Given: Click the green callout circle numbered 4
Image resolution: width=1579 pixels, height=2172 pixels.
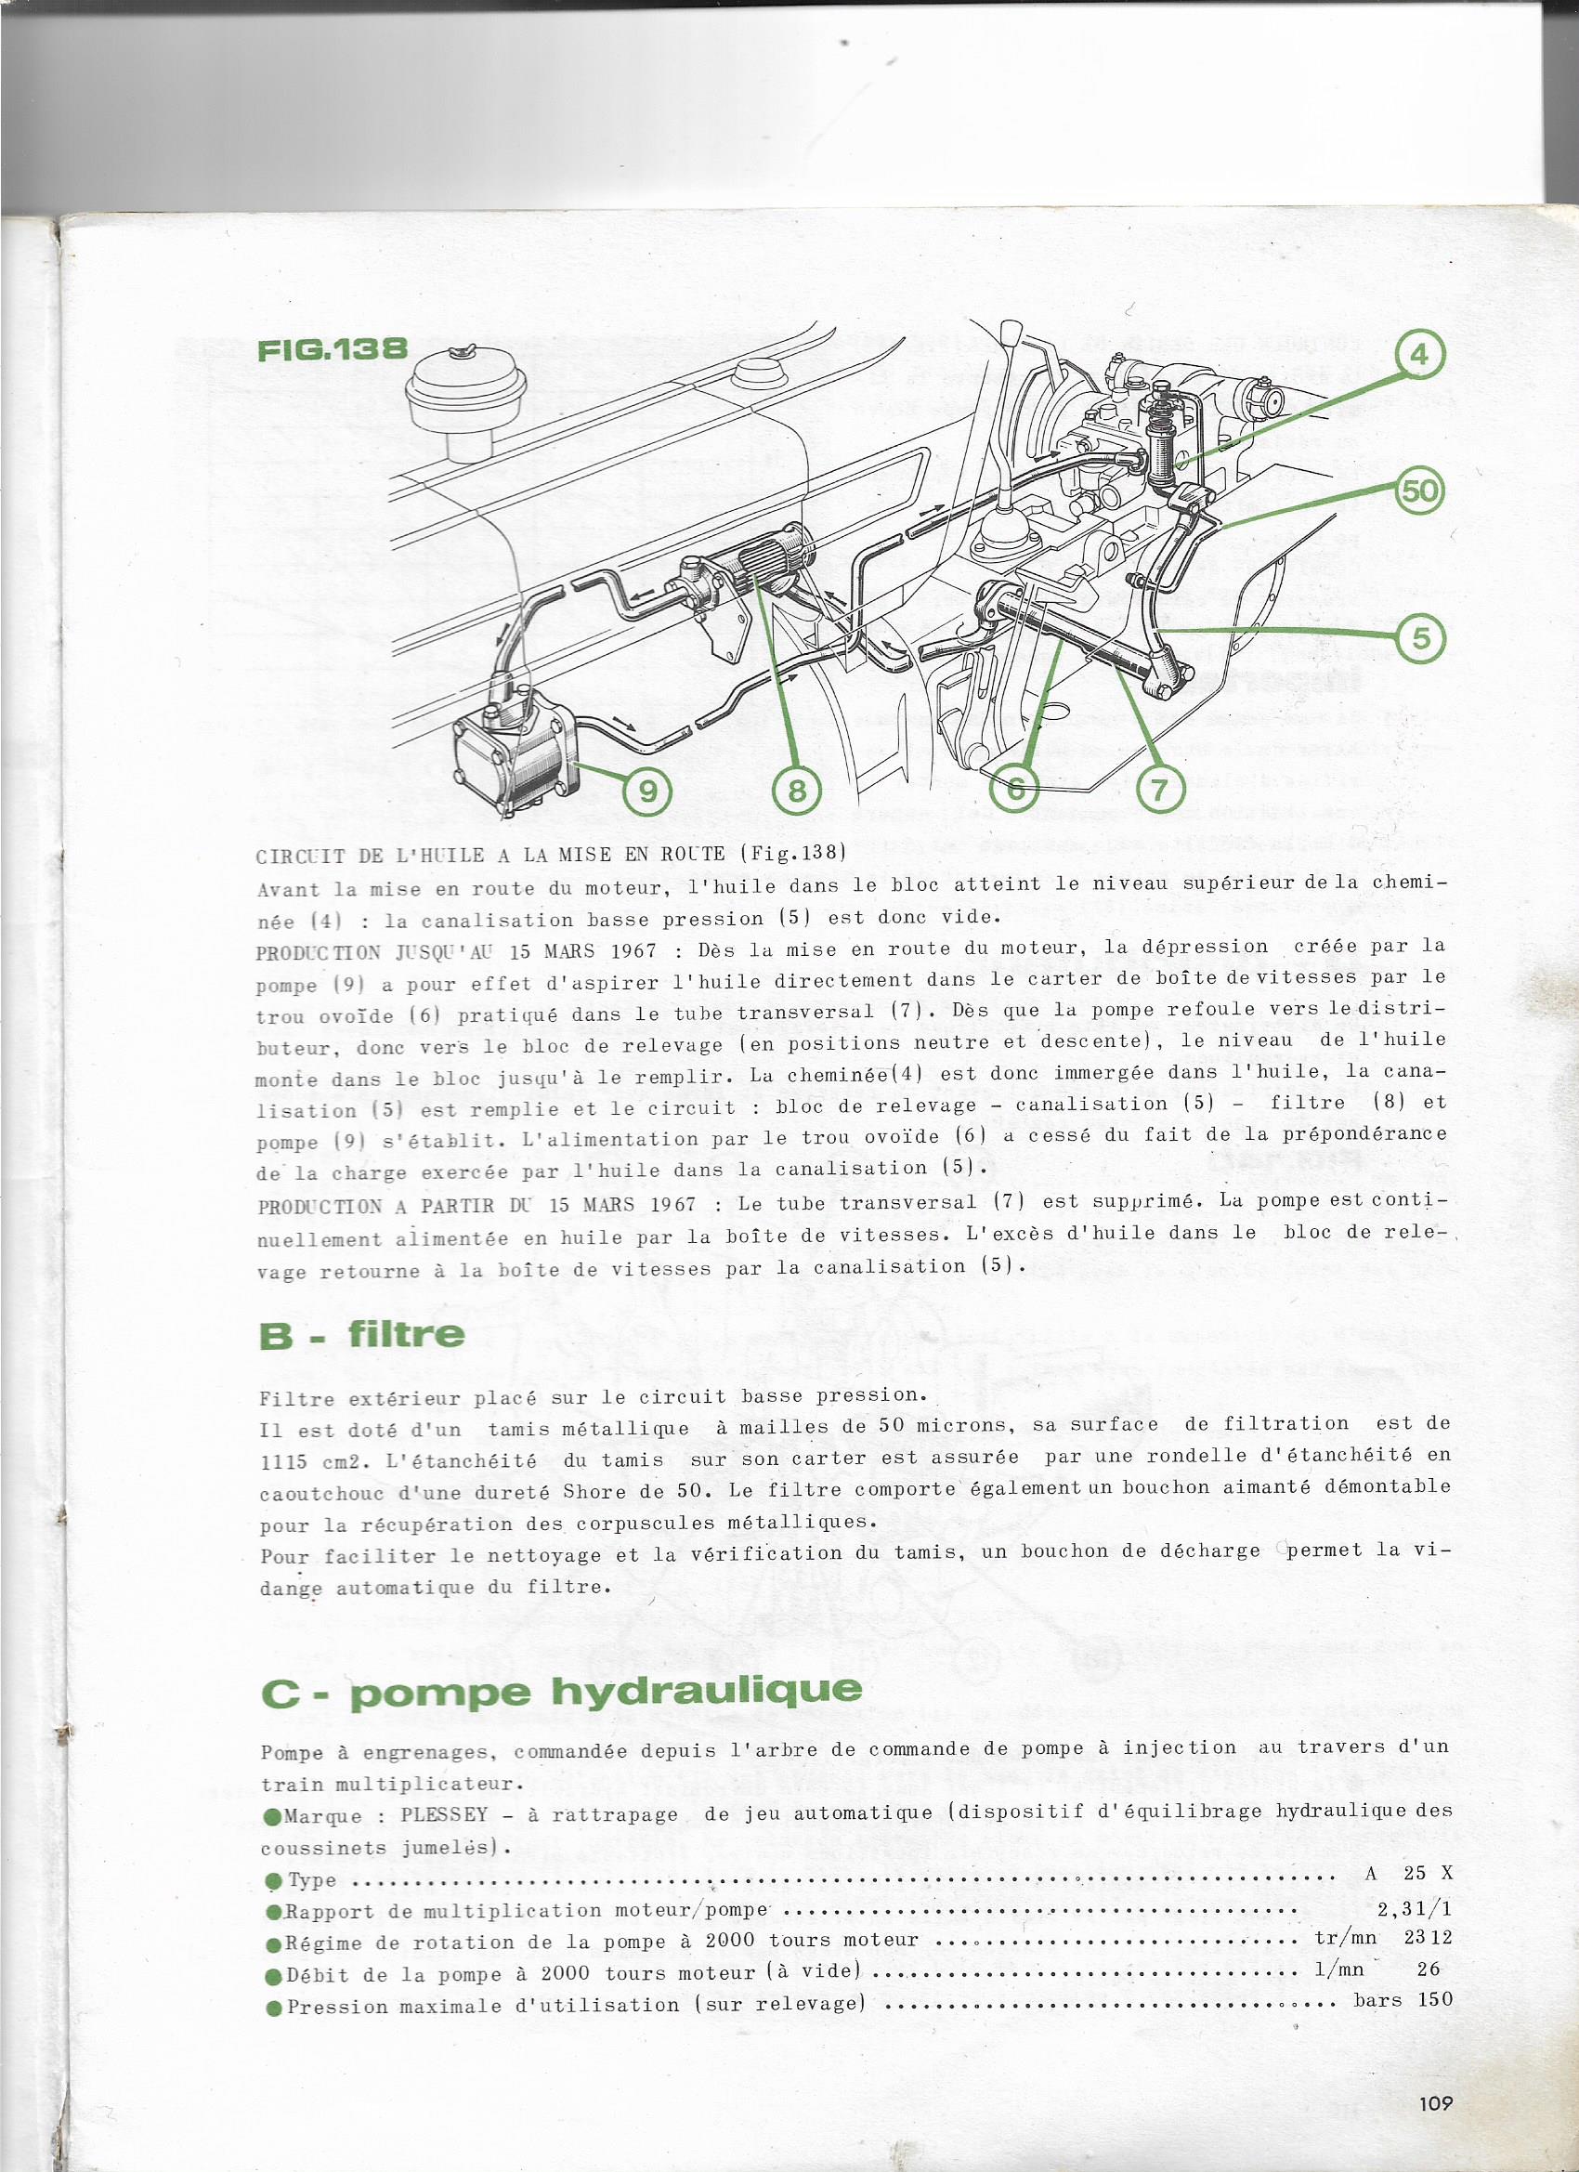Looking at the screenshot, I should click(x=1418, y=354).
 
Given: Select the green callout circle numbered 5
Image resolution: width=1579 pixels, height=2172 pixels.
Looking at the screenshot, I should click(x=1421, y=637).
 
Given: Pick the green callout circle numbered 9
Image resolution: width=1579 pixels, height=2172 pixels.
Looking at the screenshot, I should click(x=648, y=791).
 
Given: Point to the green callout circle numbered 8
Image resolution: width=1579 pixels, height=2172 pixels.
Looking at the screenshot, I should click(x=798, y=791).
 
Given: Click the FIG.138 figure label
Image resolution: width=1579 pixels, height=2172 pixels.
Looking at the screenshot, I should click(x=333, y=348).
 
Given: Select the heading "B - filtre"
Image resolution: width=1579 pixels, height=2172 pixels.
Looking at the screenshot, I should click(x=362, y=1334).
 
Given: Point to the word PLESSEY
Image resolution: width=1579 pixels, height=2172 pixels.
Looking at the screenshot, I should click(x=443, y=1813).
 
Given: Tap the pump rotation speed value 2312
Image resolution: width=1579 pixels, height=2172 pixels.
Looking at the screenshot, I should click(x=1428, y=1937).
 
